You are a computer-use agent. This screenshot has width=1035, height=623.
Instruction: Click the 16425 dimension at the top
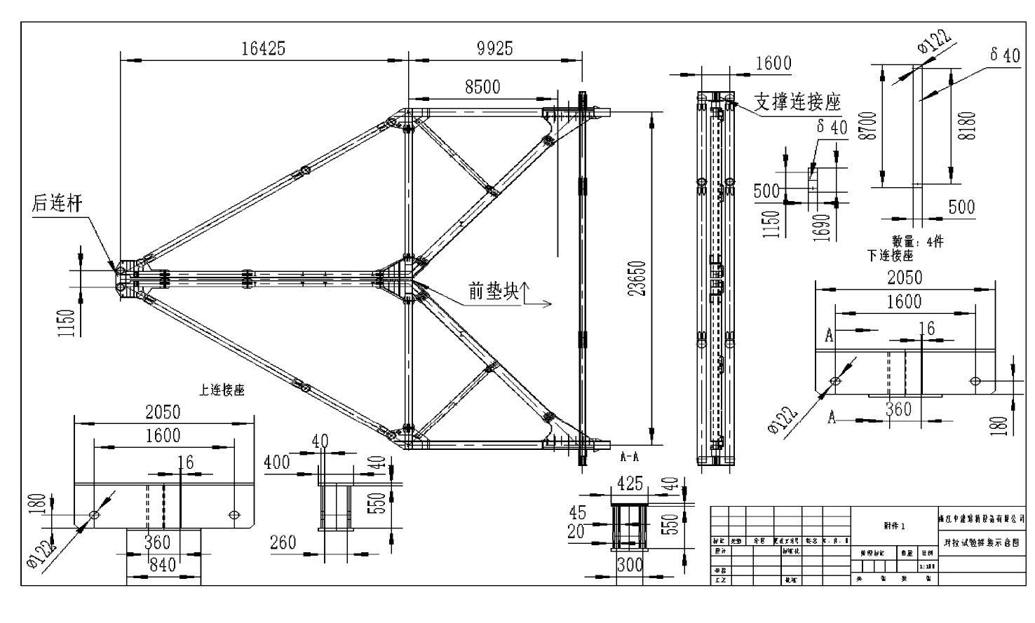coord(263,48)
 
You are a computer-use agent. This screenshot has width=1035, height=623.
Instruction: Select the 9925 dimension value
coord(495,48)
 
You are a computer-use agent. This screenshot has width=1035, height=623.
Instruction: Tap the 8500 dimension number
coord(482,87)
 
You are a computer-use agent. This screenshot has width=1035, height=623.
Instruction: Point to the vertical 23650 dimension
coord(637,279)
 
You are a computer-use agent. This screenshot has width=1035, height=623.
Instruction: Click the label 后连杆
coord(57,204)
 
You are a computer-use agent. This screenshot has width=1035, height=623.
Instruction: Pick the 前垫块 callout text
coord(494,292)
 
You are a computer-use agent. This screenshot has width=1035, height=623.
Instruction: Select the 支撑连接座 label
coord(797,103)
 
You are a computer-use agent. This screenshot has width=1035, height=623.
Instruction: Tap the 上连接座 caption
coord(222,390)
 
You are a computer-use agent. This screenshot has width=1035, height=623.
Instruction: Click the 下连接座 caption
coord(890,256)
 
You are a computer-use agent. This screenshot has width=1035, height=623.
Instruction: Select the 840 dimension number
coord(163,564)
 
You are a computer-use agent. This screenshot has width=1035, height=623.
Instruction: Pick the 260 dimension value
coord(283,542)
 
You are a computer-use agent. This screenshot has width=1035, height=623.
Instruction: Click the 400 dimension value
coord(277,463)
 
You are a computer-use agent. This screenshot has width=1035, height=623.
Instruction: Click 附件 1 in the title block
coord(894,526)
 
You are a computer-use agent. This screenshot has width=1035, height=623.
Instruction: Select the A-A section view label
coord(629,456)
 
